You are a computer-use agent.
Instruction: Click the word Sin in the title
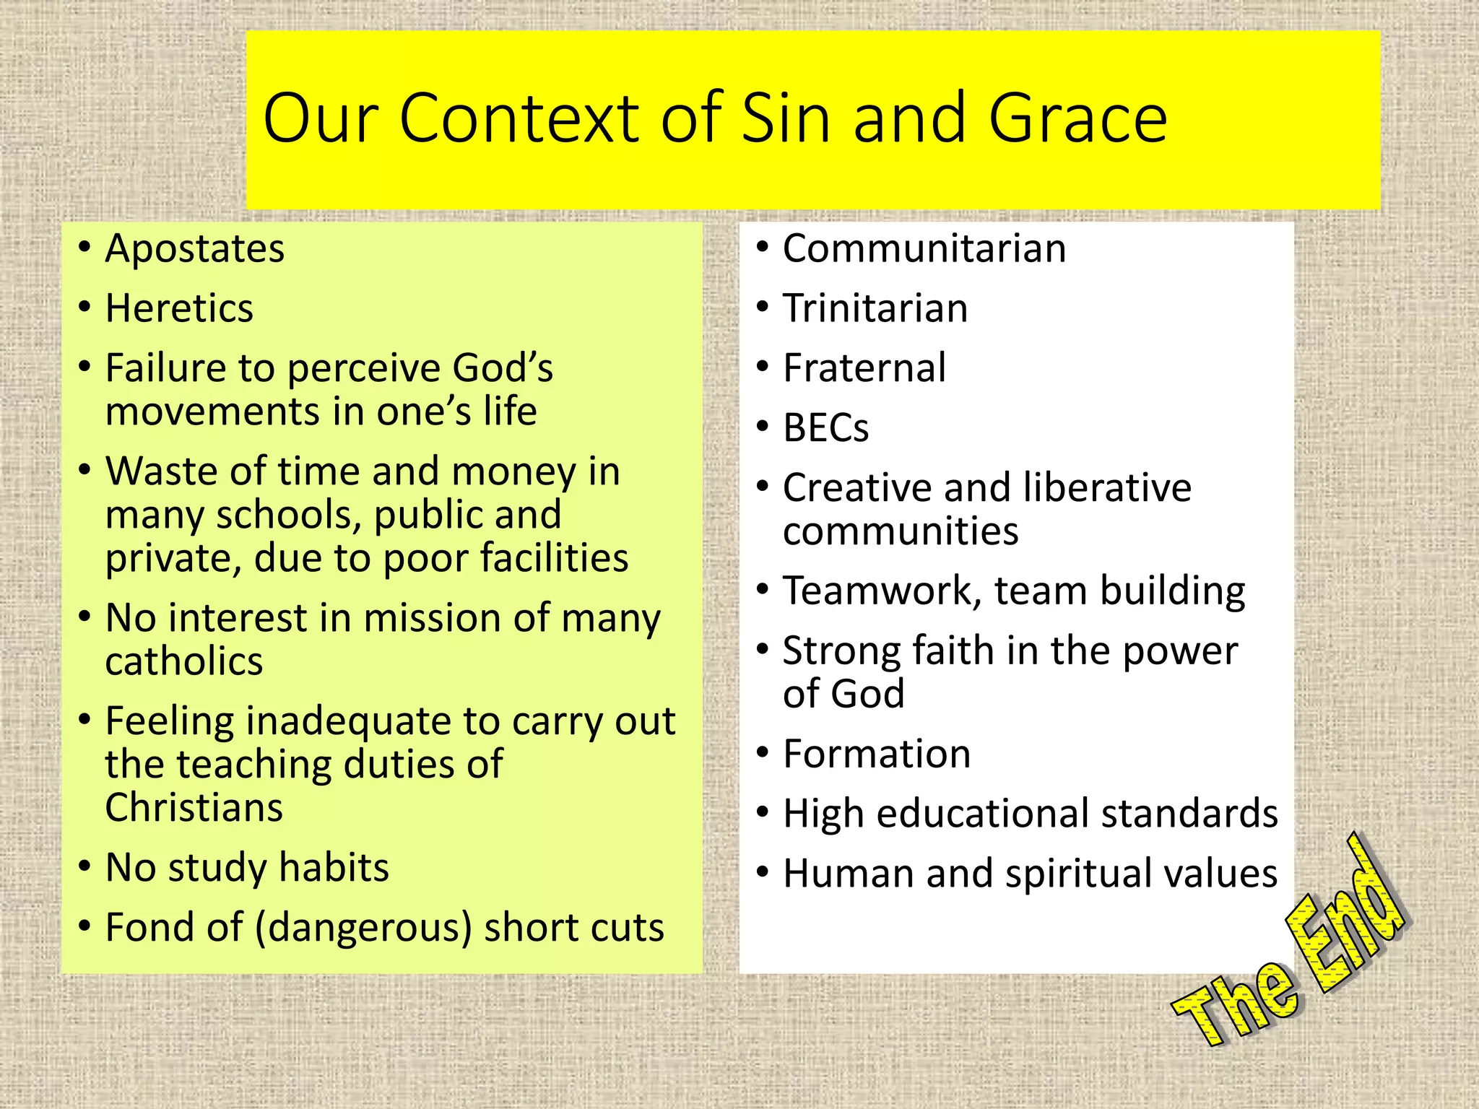[x=786, y=119]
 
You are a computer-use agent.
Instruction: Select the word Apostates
[x=195, y=249]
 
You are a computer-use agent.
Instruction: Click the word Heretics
[x=179, y=309]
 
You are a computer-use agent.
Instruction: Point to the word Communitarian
[x=924, y=249]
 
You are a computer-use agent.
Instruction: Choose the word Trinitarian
[x=875, y=309]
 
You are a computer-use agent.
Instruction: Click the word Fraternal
[x=864, y=368]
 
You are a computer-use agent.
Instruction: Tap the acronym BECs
[x=825, y=428]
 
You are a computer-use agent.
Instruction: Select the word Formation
[x=877, y=754]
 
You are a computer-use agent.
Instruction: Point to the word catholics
[x=184, y=662]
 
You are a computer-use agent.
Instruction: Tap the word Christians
[x=194, y=808]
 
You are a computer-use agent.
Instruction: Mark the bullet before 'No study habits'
[x=85, y=866]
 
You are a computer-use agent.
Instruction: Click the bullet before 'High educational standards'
[x=763, y=812]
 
